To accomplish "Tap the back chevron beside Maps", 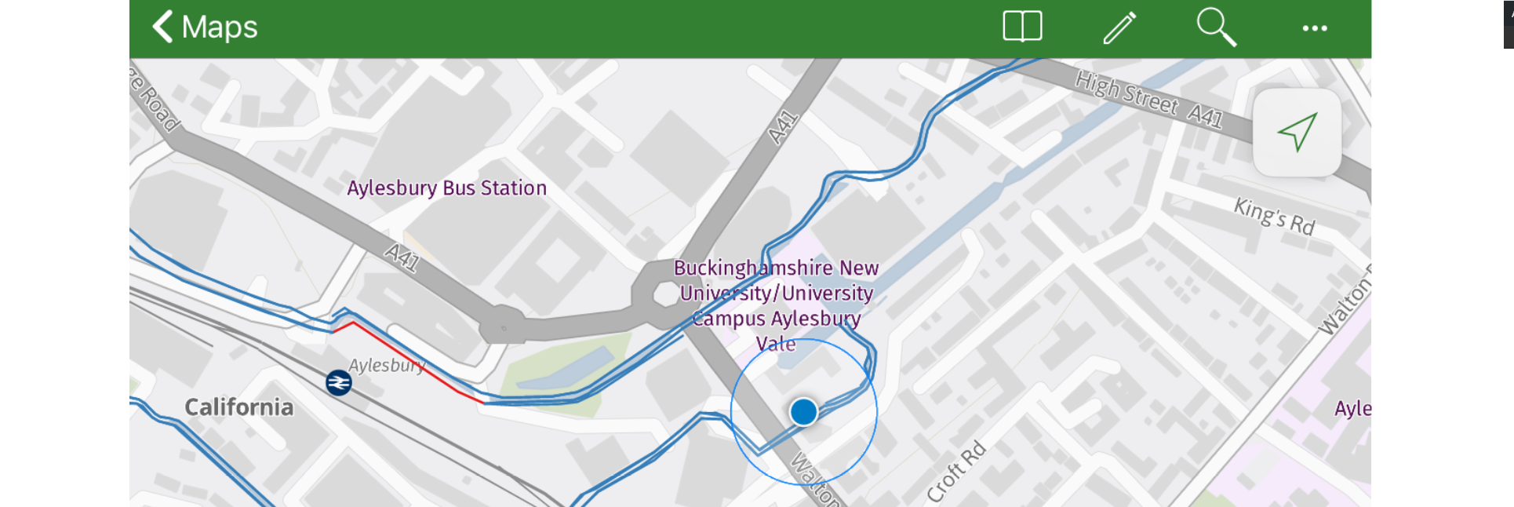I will [x=162, y=27].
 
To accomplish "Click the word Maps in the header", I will [x=219, y=27].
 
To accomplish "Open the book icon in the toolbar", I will [x=1022, y=27].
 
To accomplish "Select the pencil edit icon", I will [x=1119, y=27].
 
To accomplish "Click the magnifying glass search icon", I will [x=1216, y=27].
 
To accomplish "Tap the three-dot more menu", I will [x=1315, y=28].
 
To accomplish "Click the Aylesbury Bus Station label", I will [x=446, y=188].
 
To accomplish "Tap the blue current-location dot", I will [x=803, y=411].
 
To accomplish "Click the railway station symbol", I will [x=339, y=383].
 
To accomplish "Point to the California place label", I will [x=238, y=407].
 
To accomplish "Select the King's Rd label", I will [x=1274, y=217].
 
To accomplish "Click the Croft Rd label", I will [x=955, y=472].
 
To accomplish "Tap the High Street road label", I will [x=1126, y=93].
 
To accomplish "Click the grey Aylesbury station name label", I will [x=387, y=366].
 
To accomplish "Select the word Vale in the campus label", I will [x=776, y=345].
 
